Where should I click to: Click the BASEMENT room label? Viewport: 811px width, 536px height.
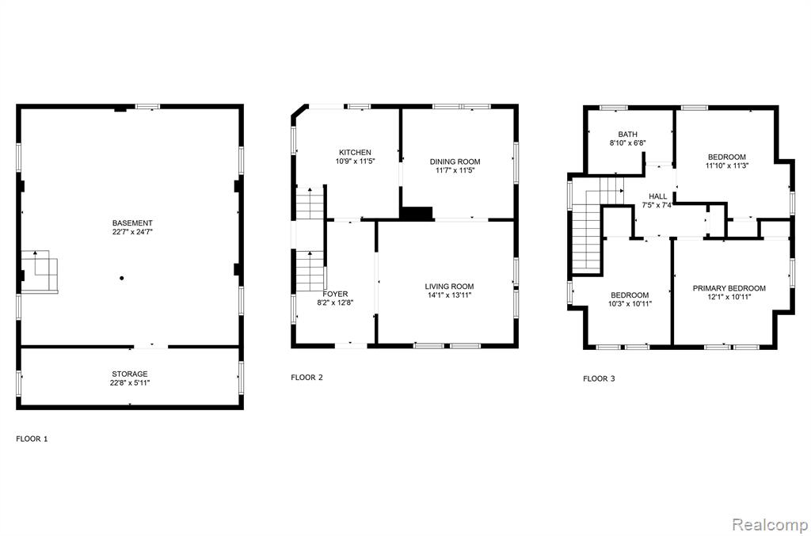click(x=132, y=223)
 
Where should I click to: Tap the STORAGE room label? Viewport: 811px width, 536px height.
click(x=130, y=374)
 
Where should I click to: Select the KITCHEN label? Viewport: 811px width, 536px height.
click(x=355, y=153)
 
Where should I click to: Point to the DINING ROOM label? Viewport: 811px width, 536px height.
click(x=455, y=162)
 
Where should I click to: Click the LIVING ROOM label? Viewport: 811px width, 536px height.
click(x=450, y=287)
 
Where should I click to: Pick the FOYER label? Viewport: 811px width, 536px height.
click(x=335, y=294)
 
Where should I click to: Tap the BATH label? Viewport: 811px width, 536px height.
click(x=628, y=135)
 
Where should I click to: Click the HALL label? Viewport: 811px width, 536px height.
click(x=658, y=196)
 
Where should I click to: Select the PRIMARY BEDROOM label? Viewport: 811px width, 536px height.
click(x=729, y=288)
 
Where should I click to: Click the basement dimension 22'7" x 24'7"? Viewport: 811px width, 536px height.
click(x=132, y=232)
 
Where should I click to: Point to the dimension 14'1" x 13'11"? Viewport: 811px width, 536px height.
click(x=450, y=295)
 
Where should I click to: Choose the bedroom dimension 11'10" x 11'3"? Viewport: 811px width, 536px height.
click(x=727, y=166)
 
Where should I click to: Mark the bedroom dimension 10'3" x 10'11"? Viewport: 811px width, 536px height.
click(x=630, y=304)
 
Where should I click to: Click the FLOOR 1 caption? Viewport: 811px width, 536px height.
click(x=32, y=439)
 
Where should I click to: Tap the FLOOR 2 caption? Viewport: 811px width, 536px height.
click(x=307, y=378)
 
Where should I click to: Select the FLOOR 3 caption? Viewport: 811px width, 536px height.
click(x=599, y=378)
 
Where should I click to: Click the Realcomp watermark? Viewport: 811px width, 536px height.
click(x=770, y=525)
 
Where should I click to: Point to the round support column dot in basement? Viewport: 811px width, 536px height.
click(x=121, y=278)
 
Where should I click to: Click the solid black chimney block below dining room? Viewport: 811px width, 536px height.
click(x=417, y=214)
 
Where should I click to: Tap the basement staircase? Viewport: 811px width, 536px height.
click(x=40, y=271)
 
